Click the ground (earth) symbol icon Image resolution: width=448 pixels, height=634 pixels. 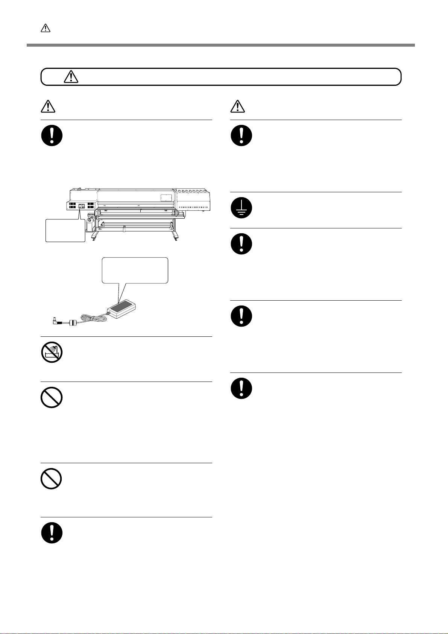(241, 208)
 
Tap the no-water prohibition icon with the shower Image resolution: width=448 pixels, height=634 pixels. (52, 353)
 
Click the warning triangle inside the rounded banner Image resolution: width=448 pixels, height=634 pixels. (71, 77)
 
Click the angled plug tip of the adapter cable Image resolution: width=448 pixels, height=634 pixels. (55, 321)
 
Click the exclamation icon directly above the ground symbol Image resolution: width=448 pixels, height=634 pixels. (241, 135)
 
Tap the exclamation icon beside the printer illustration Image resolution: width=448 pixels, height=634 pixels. (52, 135)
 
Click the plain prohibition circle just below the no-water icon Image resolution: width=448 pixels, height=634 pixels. (52, 397)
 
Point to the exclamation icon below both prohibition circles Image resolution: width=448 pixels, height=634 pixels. (52, 532)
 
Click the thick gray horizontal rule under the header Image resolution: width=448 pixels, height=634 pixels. (221, 45)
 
